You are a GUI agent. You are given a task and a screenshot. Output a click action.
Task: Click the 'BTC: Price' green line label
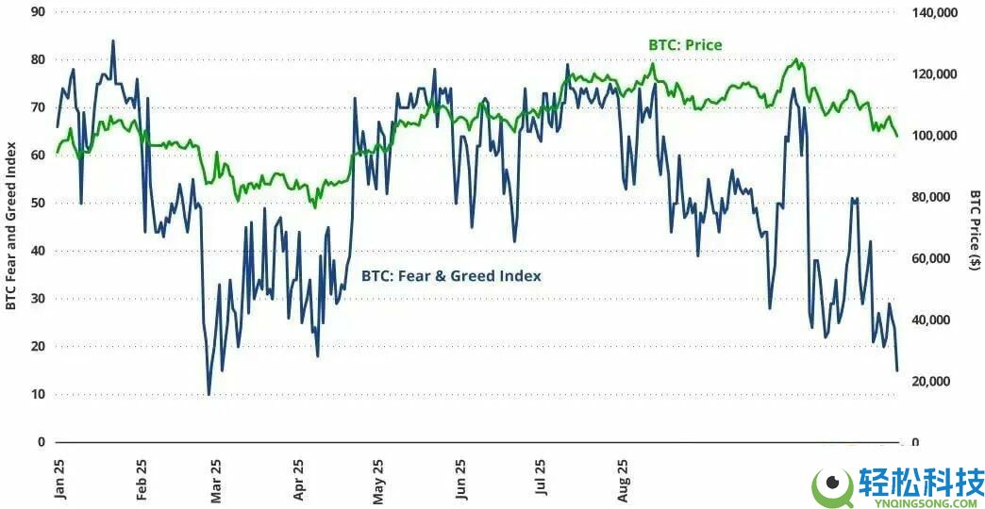pyautogui.click(x=685, y=44)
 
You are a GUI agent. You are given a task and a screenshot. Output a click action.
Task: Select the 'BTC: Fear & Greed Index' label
pyautogui.click(x=451, y=276)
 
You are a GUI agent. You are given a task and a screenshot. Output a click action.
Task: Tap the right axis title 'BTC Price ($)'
pyautogui.click(x=975, y=230)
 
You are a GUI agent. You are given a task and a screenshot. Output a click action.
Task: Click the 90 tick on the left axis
pyautogui.click(x=38, y=11)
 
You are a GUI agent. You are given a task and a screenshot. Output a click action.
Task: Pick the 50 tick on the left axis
pyautogui.click(x=38, y=203)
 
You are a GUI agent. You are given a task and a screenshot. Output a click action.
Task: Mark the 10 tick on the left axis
pyautogui.click(x=38, y=394)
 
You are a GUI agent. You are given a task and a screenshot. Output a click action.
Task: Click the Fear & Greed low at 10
pyautogui.click(x=209, y=394)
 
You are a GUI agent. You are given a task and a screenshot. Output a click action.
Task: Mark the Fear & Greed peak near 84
pyautogui.click(x=113, y=41)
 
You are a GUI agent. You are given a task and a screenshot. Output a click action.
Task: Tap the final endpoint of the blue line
pyautogui.click(x=896, y=370)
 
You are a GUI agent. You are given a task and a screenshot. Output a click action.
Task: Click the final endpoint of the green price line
pyautogui.click(x=896, y=137)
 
